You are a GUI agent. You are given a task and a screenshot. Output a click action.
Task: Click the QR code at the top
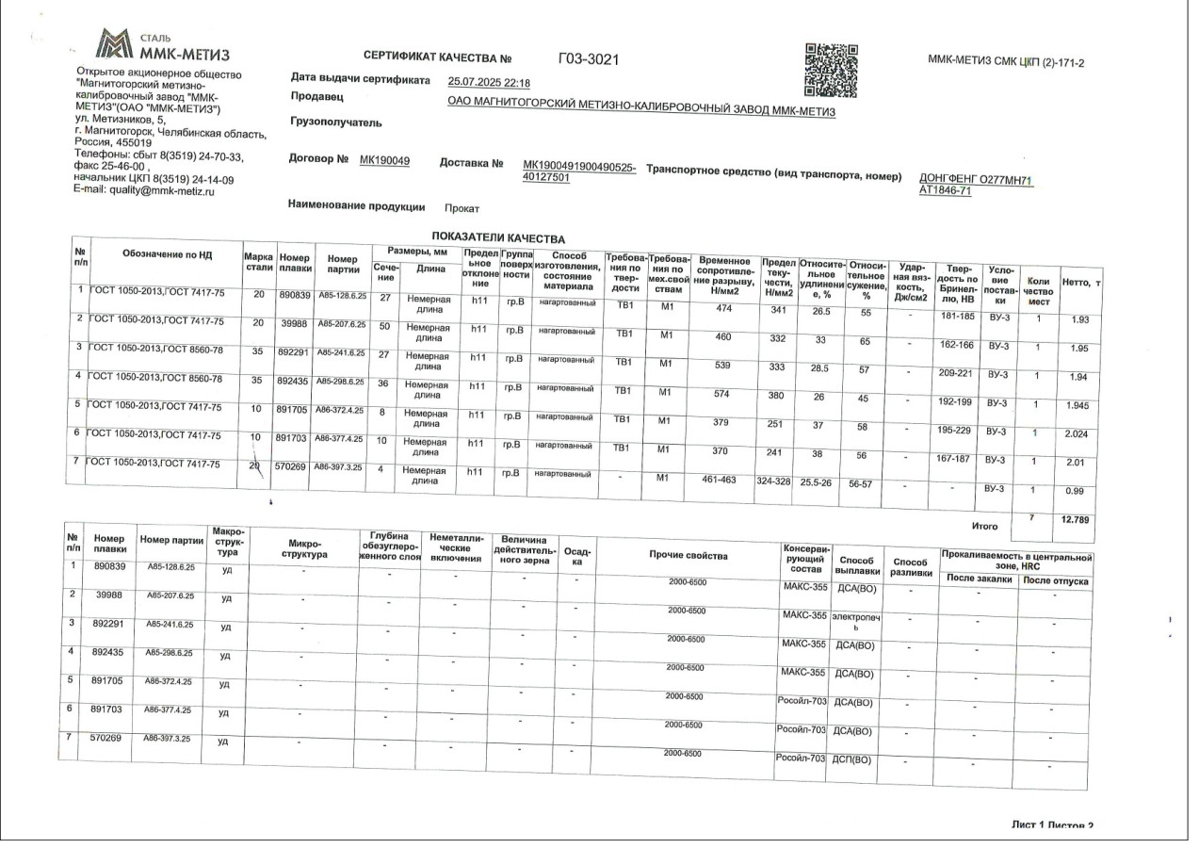click(x=832, y=70)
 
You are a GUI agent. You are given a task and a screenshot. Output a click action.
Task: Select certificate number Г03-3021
click(x=589, y=59)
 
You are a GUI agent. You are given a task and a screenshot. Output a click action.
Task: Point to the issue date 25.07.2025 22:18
click(x=489, y=82)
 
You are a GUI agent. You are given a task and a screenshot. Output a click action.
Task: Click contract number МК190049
click(x=384, y=161)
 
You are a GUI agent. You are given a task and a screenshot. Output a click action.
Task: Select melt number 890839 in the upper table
click(x=295, y=295)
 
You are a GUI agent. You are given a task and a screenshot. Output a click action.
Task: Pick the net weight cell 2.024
click(x=1072, y=435)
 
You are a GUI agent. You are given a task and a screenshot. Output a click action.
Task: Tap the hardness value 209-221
click(x=956, y=373)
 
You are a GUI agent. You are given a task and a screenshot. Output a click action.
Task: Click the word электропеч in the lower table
click(x=855, y=616)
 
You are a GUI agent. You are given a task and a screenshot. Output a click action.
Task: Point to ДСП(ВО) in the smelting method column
click(x=852, y=759)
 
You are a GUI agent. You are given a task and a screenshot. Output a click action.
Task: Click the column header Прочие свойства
click(x=688, y=556)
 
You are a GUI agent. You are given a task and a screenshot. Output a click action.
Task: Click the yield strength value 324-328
click(x=778, y=482)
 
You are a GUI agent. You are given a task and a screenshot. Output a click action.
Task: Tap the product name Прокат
click(x=462, y=208)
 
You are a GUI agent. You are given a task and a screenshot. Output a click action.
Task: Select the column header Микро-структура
click(x=304, y=550)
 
